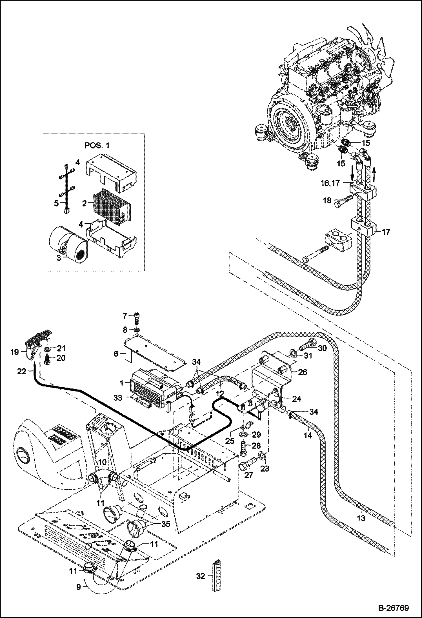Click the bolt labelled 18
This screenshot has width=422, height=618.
pyautogui.click(x=343, y=201)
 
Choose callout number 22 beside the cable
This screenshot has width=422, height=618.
pyautogui.click(x=21, y=372)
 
